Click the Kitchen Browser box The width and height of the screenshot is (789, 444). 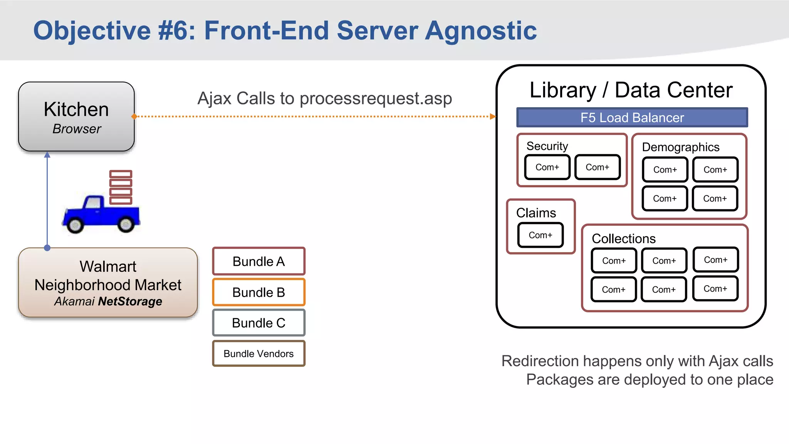[76, 116]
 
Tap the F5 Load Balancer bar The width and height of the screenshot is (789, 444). [632, 118]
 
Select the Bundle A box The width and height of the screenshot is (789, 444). [259, 261]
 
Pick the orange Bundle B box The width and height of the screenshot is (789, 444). [259, 292]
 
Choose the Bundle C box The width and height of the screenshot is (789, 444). [259, 323]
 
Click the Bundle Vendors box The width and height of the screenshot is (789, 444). [259, 353]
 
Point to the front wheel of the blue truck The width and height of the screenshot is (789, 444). [75, 225]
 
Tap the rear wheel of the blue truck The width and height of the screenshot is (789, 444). [126, 224]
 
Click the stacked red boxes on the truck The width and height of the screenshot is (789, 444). [121, 187]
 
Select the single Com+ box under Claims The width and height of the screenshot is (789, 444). [540, 235]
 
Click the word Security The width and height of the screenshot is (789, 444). [547, 146]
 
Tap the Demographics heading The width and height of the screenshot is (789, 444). [680, 147]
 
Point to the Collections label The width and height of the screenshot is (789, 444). [623, 239]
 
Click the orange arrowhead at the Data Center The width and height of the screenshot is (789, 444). [493, 116]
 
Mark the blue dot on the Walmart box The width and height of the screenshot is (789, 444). [47, 248]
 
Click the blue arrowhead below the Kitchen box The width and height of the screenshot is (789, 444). [47, 155]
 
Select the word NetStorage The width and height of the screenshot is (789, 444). [130, 301]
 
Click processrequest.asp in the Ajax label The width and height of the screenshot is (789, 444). [376, 99]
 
